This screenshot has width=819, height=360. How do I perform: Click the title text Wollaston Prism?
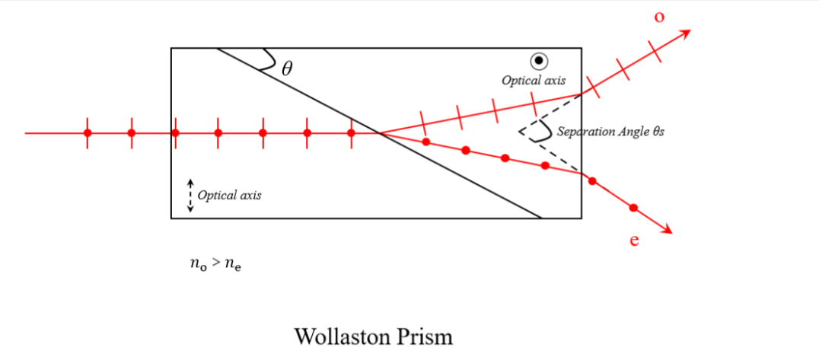[x=373, y=336]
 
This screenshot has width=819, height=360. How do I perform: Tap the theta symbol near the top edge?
[x=286, y=68]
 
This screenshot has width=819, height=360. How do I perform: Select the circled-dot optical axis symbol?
[x=539, y=60]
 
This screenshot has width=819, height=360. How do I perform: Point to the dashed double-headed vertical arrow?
[x=190, y=196]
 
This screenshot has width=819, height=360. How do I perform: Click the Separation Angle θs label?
[x=611, y=131]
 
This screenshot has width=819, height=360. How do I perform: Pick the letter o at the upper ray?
[x=659, y=16]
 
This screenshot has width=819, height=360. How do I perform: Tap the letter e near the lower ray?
[x=633, y=241]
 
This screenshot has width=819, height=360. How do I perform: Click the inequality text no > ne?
[x=215, y=266]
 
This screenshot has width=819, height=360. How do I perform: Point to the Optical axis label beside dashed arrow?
[x=229, y=195]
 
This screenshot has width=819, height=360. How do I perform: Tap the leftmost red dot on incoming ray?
[x=88, y=133]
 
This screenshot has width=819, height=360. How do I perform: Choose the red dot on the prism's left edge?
[x=175, y=133]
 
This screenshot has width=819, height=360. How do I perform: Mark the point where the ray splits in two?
[x=380, y=133]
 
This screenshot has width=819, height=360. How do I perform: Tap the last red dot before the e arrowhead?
[x=633, y=207]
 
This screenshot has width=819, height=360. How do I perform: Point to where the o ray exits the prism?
[x=582, y=94]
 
